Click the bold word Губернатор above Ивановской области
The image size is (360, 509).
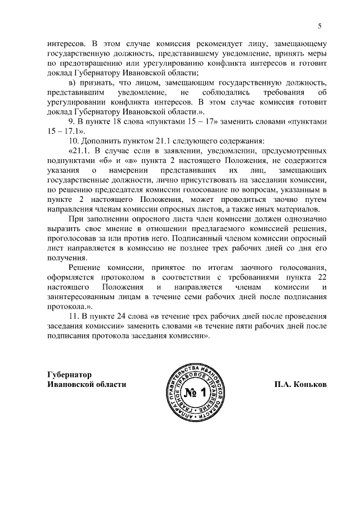coord(70,375)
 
